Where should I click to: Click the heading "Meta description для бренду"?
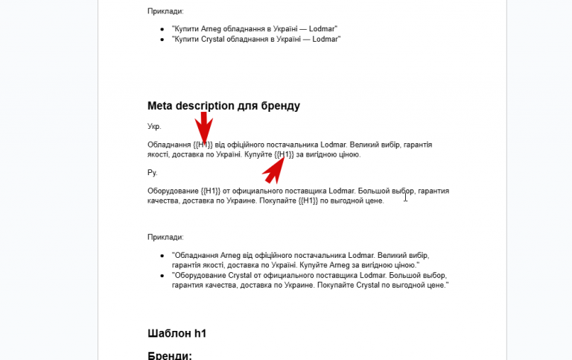click(x=223, y=106)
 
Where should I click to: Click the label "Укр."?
click(x=154, y=127)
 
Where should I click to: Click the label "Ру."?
click(x=153, y=173)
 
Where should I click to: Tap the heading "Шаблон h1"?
click(x=177, y=333)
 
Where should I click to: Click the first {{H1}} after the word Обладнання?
click(x=203, y=145)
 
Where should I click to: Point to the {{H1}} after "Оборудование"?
click(x=212, y=192)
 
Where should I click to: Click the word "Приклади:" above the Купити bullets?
click(x=165, y=11)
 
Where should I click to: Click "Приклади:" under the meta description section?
click(x=165, y=237)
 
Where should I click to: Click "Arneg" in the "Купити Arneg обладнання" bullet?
click(x=211, y=28)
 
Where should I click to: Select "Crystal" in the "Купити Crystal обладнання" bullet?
click(x=213, y=39)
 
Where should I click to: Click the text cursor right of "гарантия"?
click(x=405, y=197)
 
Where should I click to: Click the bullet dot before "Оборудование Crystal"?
click(x=163, y=275)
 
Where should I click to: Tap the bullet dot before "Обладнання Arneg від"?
click(x=163, y=256)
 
